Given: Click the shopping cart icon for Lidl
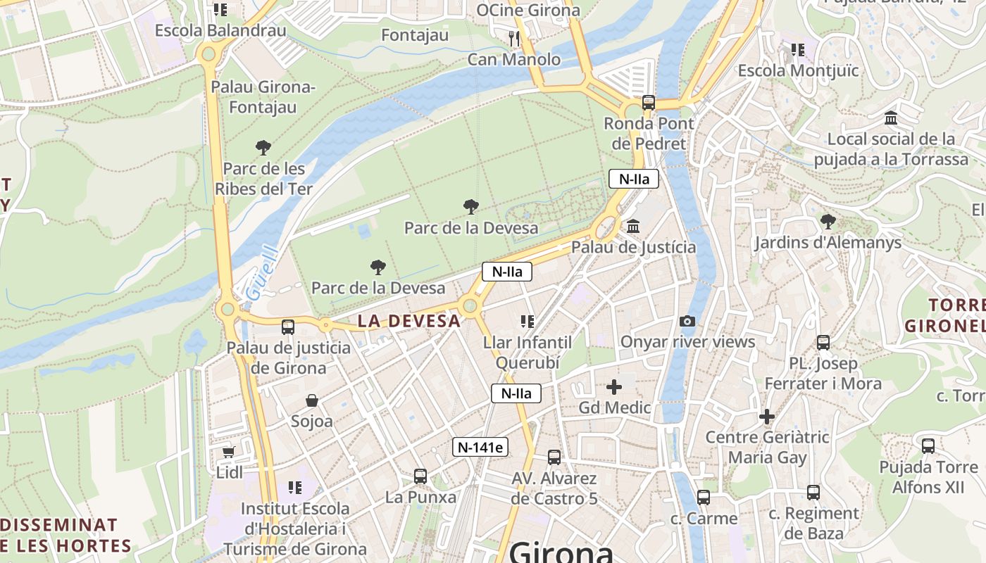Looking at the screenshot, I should click(228, 451).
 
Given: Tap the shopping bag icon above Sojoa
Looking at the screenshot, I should click(312, 400).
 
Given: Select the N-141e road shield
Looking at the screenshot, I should click(480, 446).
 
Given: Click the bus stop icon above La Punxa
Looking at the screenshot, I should click(420, 476).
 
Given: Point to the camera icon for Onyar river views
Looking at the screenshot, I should click(687, 322).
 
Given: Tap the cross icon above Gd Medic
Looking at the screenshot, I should click(614, 387).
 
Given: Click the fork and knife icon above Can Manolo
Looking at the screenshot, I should click(514, 38).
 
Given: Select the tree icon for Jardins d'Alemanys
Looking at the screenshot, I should click(828, 222).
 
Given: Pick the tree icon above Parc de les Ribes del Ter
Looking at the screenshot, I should click(263, 148).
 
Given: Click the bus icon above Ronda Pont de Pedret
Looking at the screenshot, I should click(649, 103).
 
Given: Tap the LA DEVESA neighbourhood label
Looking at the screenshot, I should click(408, 321).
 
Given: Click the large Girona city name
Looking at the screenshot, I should click(561, 552).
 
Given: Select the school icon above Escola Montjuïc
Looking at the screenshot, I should click(797, 50).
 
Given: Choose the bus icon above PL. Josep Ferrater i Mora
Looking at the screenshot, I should click(823, 343).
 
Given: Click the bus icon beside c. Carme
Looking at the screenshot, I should click(703, 498).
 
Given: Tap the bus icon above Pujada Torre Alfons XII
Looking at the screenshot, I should click(928, 446).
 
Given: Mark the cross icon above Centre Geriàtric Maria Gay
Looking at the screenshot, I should click(767, 417).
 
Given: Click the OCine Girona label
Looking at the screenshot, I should click(528, 10).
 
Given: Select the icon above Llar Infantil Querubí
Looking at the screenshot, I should click(527, 322).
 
